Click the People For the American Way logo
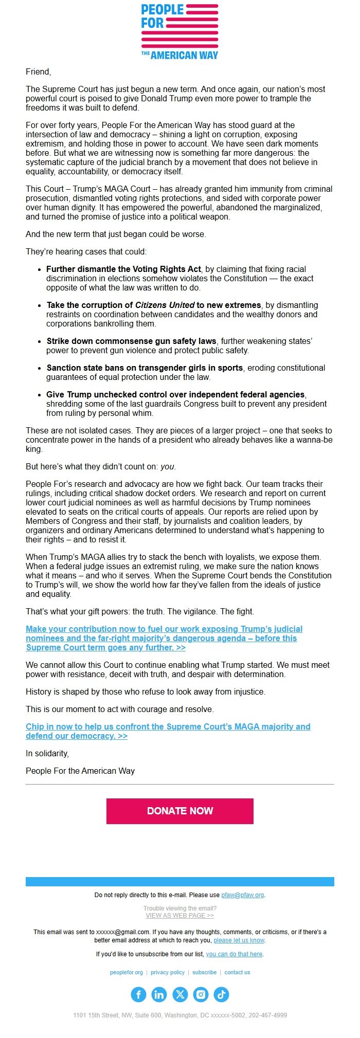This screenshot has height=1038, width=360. [179, 31]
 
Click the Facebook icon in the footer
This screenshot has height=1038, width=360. [138, 994]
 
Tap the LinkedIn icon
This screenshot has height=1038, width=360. [159, 994]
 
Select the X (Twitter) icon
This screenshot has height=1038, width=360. [180, 994]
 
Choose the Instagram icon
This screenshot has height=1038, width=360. [201, 994]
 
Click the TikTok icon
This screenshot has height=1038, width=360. [221, 994]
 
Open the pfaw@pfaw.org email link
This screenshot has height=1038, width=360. [242, 895]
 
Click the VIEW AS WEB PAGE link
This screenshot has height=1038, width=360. [179, 915]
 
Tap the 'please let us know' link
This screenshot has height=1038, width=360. [239, 940]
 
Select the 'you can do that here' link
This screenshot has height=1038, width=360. [234, 954]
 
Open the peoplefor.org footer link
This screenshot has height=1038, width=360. [127, 972]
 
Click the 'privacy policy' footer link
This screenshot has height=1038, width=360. [168, 972]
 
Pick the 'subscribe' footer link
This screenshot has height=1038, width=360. [204, 972]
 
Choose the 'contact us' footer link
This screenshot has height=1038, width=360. [237, 972]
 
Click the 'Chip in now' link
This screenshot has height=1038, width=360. [168, 731]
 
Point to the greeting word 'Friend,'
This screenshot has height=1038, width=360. [39, 71]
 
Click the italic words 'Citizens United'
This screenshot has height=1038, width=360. [165, 305]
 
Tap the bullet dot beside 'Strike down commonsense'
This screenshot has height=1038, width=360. [40, 341]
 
